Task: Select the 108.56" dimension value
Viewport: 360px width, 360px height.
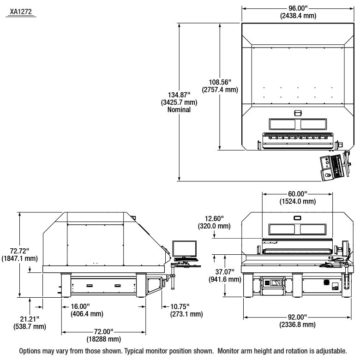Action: (223, 83)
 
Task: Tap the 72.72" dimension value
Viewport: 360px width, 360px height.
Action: (19, 251)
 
